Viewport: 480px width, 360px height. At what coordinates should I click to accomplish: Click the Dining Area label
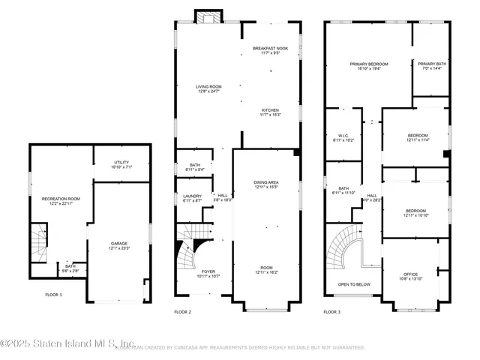point(268,184)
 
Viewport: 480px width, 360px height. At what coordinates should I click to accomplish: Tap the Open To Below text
point(354,285)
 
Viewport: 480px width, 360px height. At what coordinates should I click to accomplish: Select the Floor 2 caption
point(183,311)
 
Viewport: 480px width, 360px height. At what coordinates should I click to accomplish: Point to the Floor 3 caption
point(332,311)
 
